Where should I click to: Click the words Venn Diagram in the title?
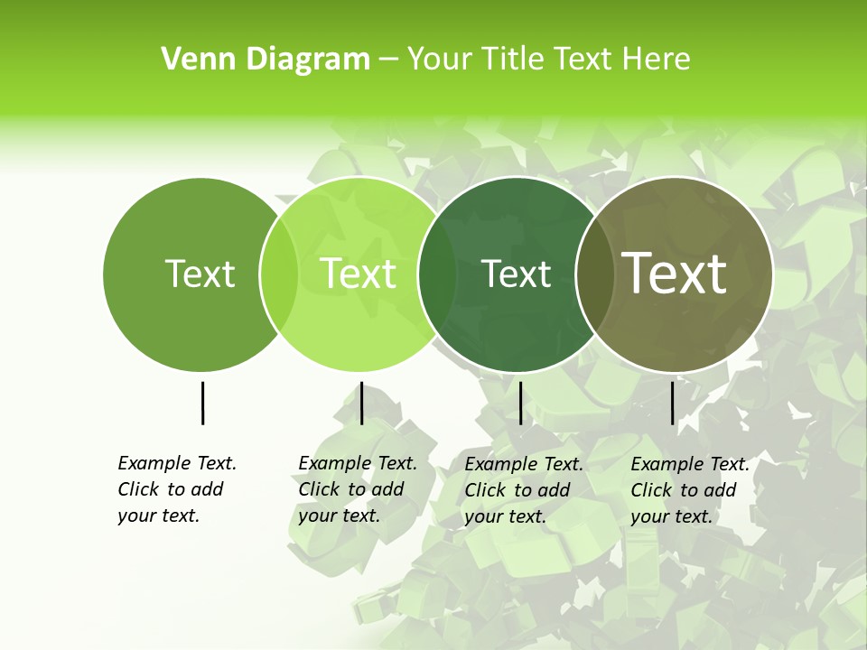(x=266, y=60)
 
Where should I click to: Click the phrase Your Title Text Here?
(x=548, y=60)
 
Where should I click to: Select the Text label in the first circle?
(x=200, y=274)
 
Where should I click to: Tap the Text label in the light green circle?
(x=358, y=274)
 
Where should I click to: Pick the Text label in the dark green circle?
(x=517, y=274)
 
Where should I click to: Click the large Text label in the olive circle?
(x=674, y=274)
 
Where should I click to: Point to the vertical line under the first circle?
(x=202, y=403)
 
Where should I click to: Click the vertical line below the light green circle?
(x=361, y=403)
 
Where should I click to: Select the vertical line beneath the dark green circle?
(x=520, y=403)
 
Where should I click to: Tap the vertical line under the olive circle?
(x=673, y=403)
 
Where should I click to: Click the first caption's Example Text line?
(x=177, y=463)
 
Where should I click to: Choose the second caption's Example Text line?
(x=358, y=463)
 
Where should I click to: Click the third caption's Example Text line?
(x=524, y=464)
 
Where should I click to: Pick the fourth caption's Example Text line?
(x=690, y=464)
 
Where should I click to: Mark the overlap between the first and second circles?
(x=279, y=274)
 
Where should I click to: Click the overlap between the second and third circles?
(x=437, y=274)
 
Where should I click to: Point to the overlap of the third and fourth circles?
(x=594, y=274)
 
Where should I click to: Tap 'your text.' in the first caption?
(x=158, y=516)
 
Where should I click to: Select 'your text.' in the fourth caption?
(x=671, y=517)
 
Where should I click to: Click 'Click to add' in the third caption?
(x=517, y=490)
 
